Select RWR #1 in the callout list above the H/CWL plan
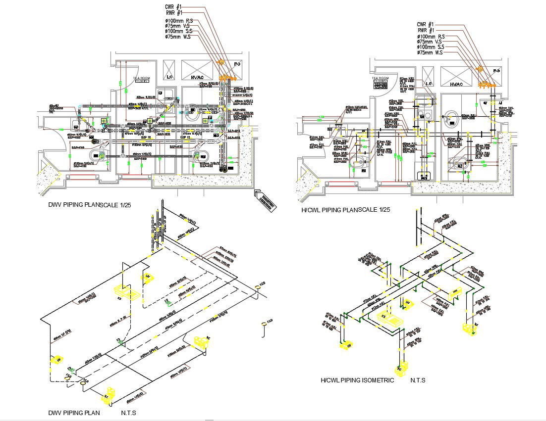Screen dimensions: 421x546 426,30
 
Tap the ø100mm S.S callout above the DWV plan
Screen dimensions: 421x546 179,31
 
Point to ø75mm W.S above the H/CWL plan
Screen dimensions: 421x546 430,52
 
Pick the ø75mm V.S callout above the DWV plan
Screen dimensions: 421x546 179,26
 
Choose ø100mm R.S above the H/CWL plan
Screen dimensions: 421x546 430,36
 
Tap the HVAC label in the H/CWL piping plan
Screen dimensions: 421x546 456,85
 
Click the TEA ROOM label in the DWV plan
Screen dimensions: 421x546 142,78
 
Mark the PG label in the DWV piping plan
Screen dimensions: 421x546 237,64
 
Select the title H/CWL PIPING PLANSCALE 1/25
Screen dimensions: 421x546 346,210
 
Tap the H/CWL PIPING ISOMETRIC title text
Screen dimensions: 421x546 357,380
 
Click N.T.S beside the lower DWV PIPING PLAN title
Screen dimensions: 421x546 128,413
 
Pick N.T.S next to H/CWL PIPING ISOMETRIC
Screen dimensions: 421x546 418,380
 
